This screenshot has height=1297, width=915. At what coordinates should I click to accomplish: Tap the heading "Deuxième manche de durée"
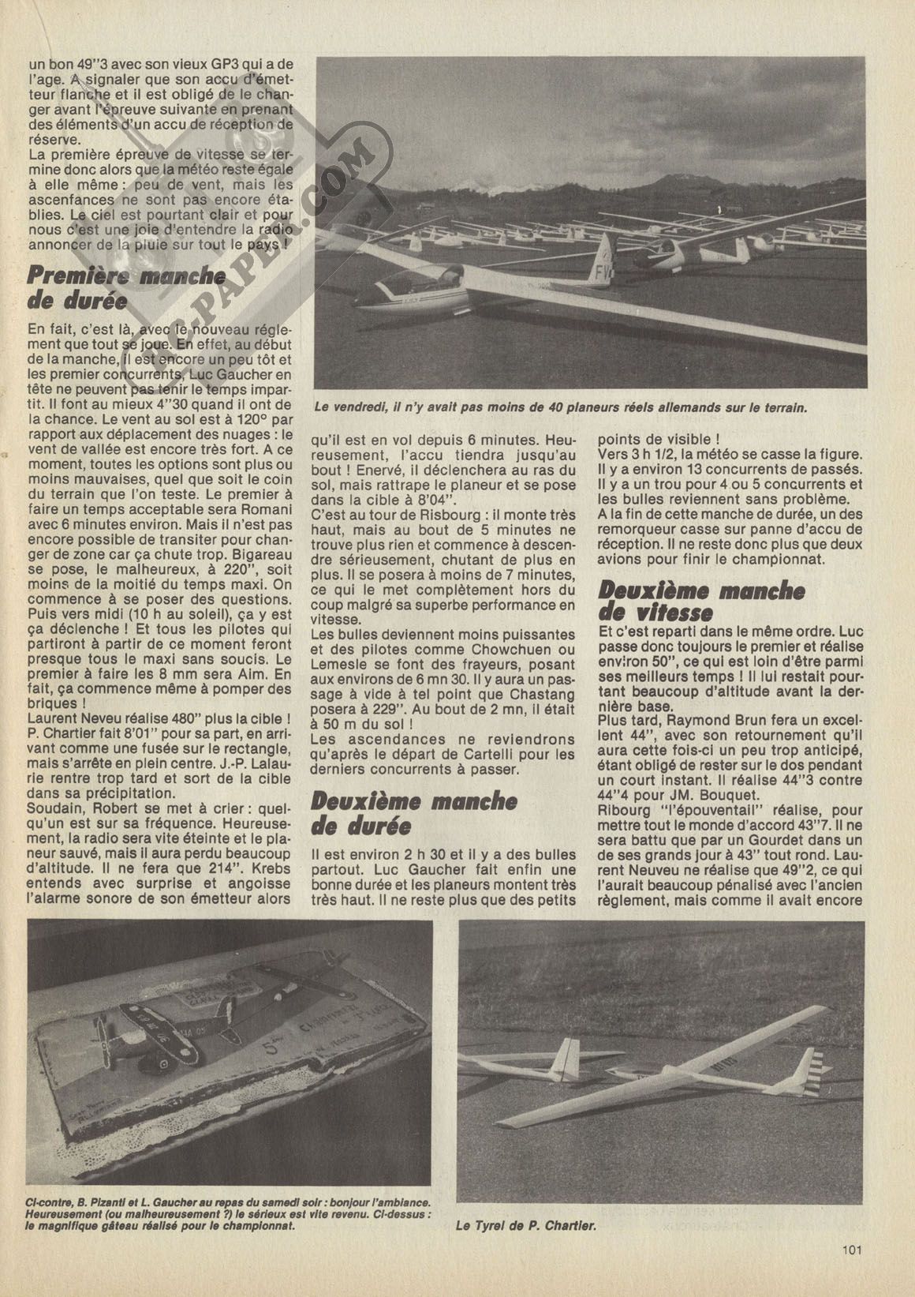click(x=413, y=812)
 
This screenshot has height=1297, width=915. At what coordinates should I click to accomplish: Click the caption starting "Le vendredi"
click(x=559, y=407)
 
